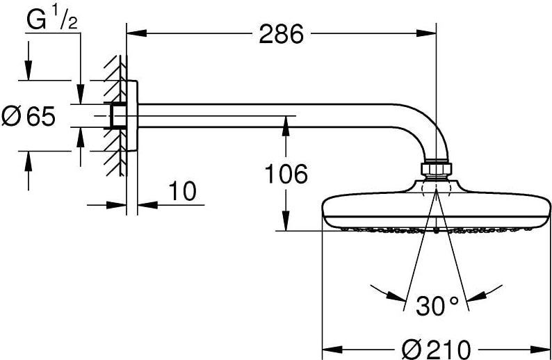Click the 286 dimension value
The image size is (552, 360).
point(281,34)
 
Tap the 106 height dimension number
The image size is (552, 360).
point(286,174)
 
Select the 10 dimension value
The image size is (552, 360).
point(182,191)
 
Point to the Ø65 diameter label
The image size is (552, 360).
point(29,116)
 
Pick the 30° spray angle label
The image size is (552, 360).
point(437,306)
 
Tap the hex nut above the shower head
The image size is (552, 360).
point(436,169)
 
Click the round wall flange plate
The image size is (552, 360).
point(132,116)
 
